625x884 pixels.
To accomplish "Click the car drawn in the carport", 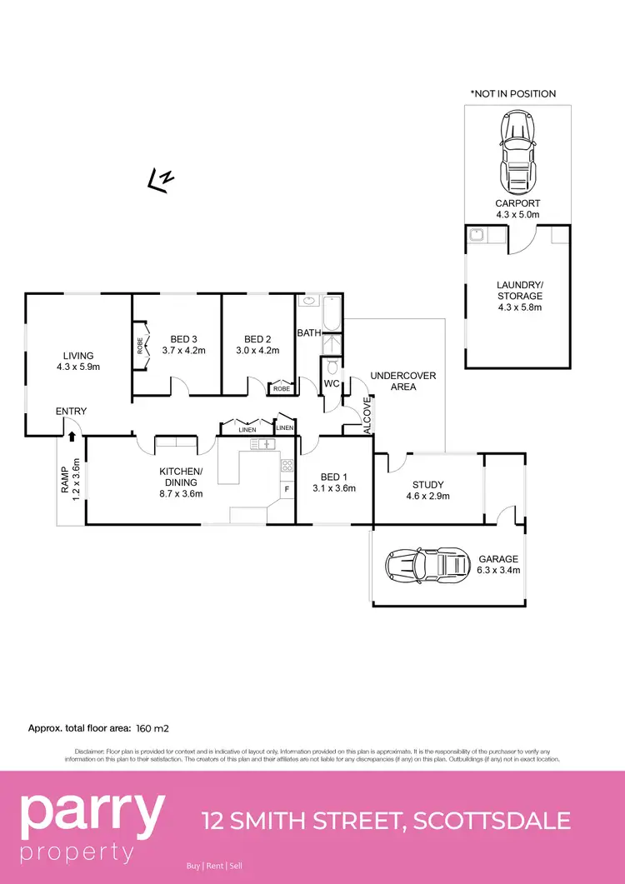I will tap(517, 152).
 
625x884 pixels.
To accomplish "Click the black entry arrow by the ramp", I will tap(72, 435).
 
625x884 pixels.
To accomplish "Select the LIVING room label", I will tap(75, 356).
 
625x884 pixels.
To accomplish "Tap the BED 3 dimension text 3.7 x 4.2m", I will tap(183, 351).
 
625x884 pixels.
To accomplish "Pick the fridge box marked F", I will tap(287, 489).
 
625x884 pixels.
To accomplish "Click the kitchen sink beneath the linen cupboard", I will tap(266, 444).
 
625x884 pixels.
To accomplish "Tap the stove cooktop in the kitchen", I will tap(287, 466).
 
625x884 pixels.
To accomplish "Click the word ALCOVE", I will tap(366, 415).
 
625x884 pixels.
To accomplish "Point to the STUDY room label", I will tap(427, 484).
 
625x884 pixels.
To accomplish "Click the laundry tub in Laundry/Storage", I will tap(476, 235).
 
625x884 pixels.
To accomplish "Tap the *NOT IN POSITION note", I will tap(512, 93).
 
